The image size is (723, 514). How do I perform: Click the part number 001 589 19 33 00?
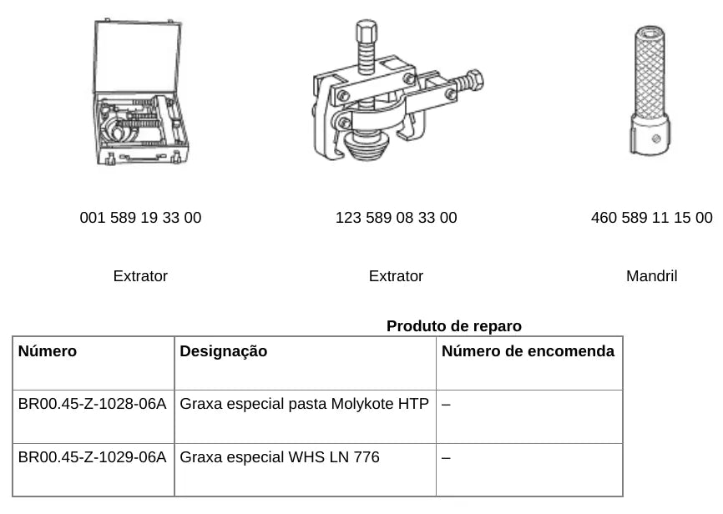[x=140, y=218]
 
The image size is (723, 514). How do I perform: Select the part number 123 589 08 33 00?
[x=396, y=218]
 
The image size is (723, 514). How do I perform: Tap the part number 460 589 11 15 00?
[x=651, y=218]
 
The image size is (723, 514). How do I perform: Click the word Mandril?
[x=651, y=276]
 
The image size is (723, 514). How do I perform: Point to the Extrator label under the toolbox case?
[x=140, y=276]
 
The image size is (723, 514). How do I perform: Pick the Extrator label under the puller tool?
[x=396, y=276]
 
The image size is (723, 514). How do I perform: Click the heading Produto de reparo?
[x=454, y=326]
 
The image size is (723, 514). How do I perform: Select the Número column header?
[x=48, y=351]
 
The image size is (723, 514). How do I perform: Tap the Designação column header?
[x=224, y=351]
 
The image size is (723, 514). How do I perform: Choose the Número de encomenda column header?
[x=528, y=351]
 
